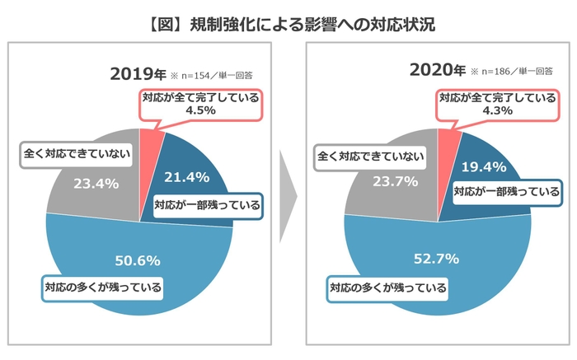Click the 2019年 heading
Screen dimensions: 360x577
click(x=135, y=74)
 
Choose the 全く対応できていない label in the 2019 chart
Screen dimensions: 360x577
click(x=74, y=153)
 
